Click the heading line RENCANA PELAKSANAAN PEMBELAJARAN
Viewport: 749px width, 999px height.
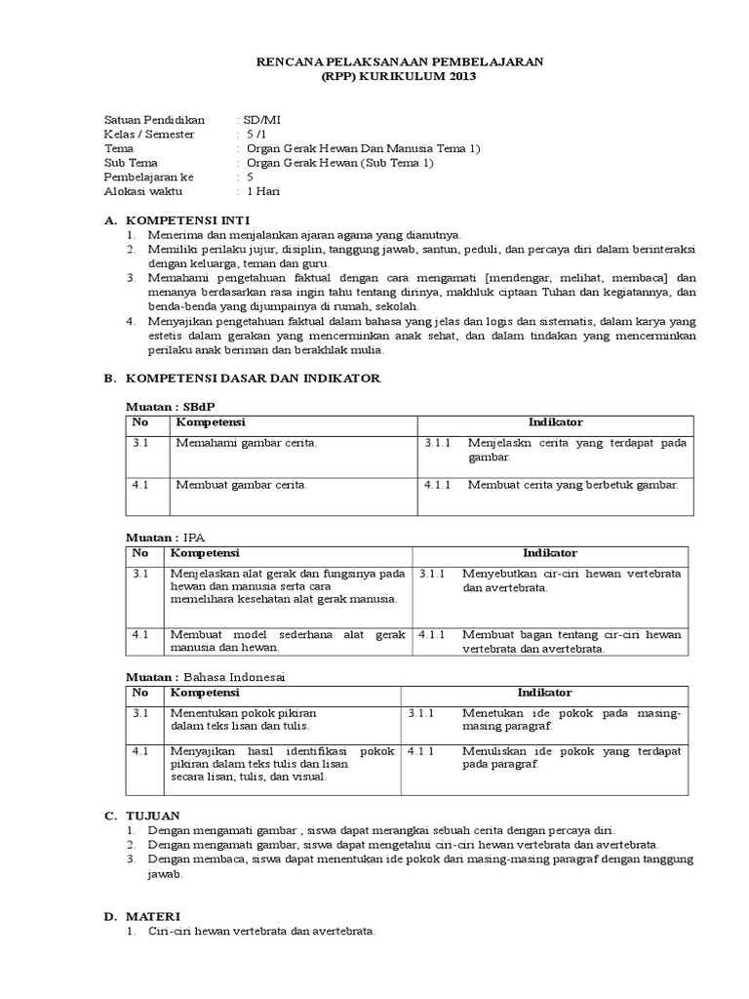coord(400,61)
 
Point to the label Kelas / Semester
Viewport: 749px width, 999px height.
coord(149,134)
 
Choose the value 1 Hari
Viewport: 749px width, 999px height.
coord(264,191)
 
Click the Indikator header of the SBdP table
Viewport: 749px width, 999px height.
coord(555,422)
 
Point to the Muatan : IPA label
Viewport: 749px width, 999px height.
coord(166,538)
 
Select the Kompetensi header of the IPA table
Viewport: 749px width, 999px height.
coord(205,553)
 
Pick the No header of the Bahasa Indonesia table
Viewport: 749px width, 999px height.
coord(140,693)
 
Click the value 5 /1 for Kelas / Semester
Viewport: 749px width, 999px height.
coord(256,134)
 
